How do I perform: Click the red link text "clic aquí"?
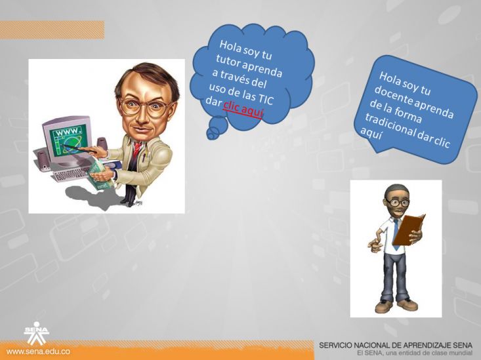tap(243, 108)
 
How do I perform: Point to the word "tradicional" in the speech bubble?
tap(390, 126)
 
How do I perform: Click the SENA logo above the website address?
tap(37, 332)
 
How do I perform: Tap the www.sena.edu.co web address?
tap(38, 351)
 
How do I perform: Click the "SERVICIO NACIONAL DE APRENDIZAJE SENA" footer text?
tap(396, 346)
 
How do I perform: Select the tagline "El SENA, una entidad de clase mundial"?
tap(415, 353)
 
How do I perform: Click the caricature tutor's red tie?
tap(136, 150)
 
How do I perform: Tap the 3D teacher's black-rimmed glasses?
tap(398, 203)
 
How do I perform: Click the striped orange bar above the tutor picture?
tap(52, 30)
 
